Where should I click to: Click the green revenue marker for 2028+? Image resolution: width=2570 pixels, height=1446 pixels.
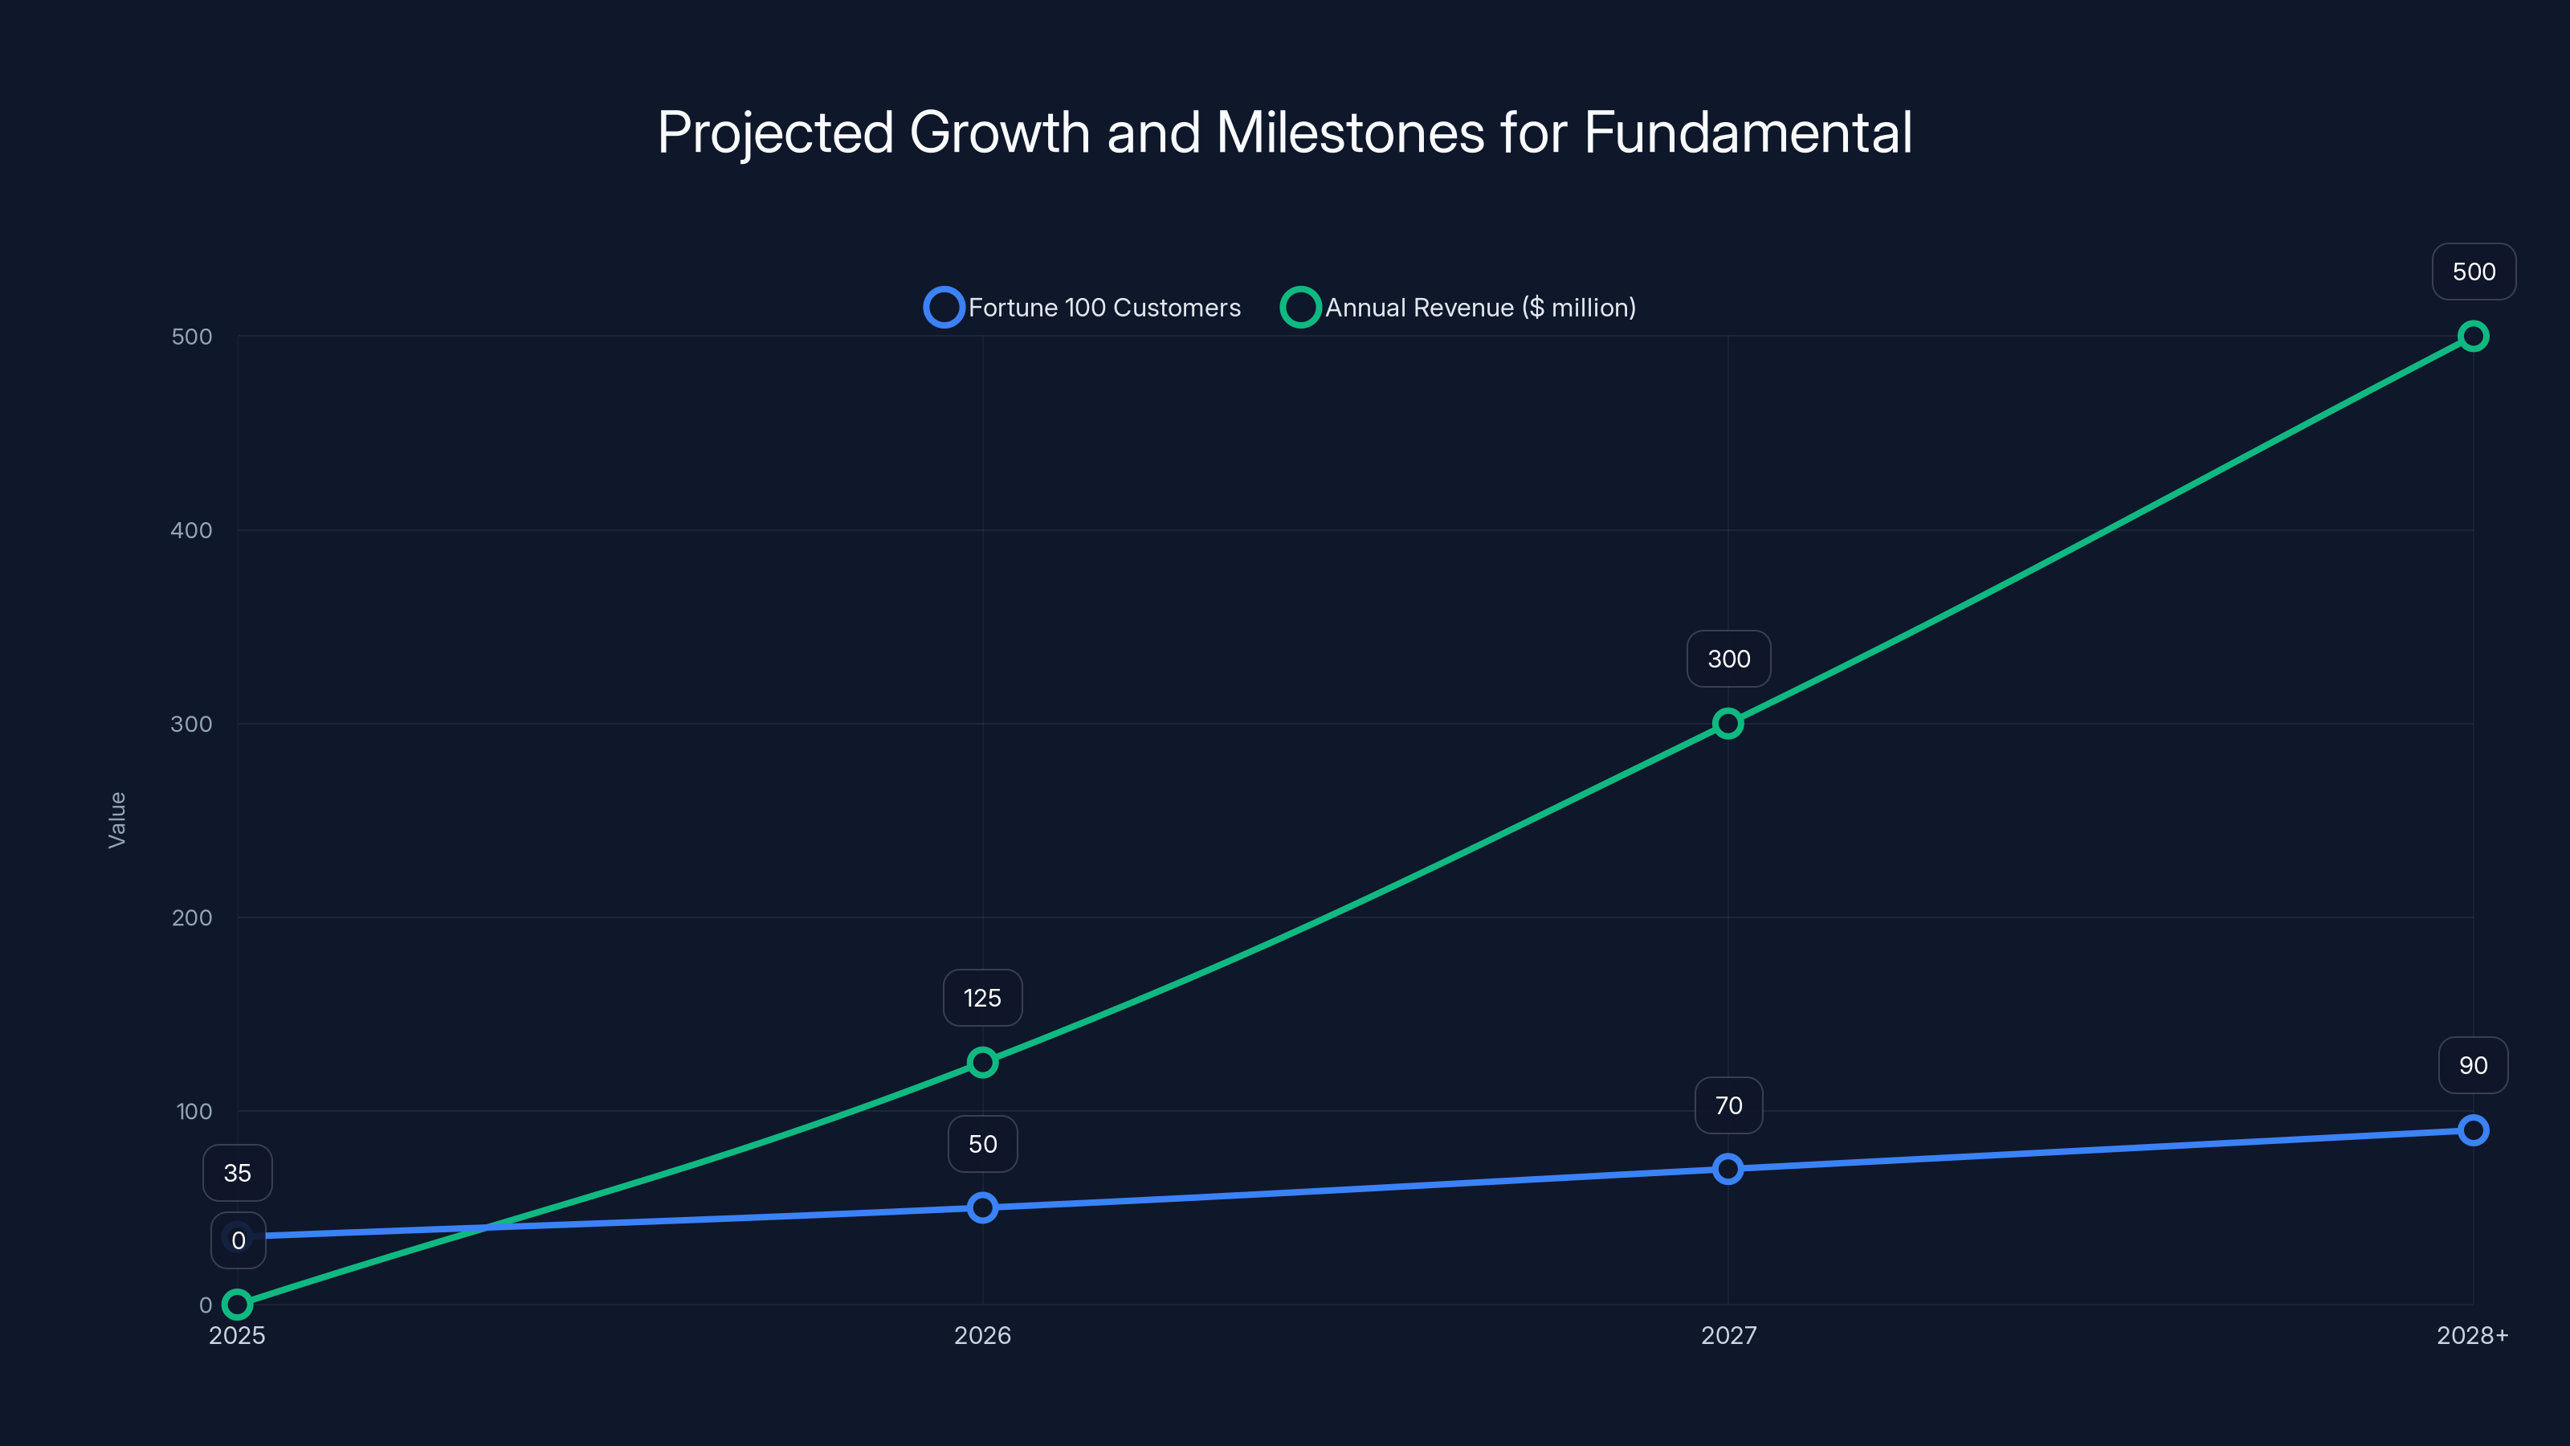[x=2472, y=337]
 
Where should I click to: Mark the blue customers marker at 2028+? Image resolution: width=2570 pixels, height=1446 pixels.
[x=2472, y=1129]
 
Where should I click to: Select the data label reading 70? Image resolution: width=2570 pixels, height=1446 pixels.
[x=1728, y=1105]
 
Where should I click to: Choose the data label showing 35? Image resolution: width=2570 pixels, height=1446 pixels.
[x=238, y=1173]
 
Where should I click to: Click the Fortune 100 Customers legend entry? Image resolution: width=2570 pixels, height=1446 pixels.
[x=1083, y=308]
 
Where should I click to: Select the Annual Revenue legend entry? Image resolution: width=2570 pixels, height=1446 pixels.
[x=1458, y=308]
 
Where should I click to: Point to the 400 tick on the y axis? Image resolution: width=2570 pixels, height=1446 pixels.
[x=192, y=530]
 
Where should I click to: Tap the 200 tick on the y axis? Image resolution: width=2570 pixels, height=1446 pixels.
[x=192, y=917]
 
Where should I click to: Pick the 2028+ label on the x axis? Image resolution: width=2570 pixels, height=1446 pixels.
[x=2472, y=1335]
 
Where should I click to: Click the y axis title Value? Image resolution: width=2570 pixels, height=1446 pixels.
[x=116, y=819]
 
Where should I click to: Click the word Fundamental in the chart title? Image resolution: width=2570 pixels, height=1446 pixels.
[x=1748, y=133]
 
